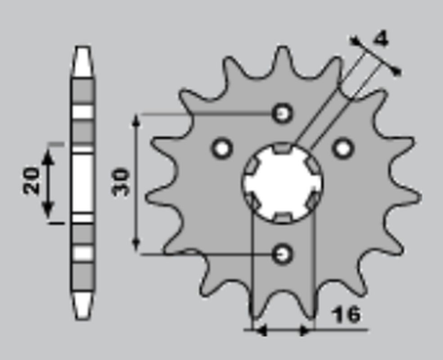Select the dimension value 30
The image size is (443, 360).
coord(122,181)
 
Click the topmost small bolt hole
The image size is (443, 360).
coord(282,113)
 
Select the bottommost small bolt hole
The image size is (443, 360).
coord(282,253)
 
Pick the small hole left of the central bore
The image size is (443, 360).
coord(221,148)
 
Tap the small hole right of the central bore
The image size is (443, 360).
coord(343,148)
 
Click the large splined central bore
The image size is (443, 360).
coord(281,182)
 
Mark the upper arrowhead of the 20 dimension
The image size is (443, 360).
coord(49,152)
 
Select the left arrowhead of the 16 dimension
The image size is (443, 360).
coord(254,328)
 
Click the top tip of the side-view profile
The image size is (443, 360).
coord(82,50)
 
